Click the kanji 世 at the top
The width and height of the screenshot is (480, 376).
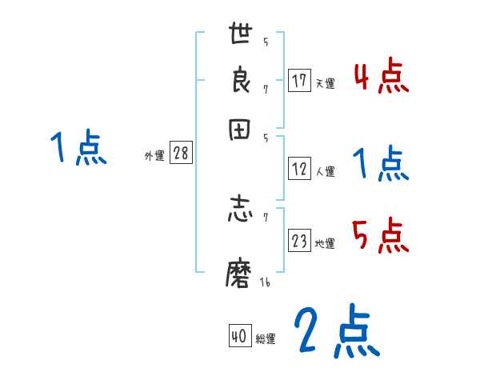[242, 34]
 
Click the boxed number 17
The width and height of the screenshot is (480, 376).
[299, 81]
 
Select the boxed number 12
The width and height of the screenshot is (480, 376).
[299, 169]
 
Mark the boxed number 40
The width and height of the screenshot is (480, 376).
[238, 337]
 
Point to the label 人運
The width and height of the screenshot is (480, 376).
[325, 171]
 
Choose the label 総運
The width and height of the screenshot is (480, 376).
[266, 339]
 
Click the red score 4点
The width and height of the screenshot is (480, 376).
[381, 77]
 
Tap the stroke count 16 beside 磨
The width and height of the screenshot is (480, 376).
[265, 283]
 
